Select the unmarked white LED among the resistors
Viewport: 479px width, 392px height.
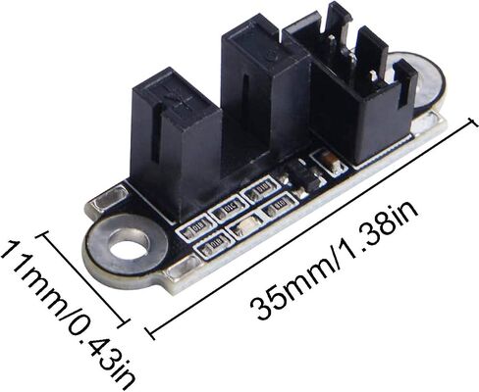pos(246,224)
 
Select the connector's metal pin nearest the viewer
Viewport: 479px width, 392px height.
pos(373,77)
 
